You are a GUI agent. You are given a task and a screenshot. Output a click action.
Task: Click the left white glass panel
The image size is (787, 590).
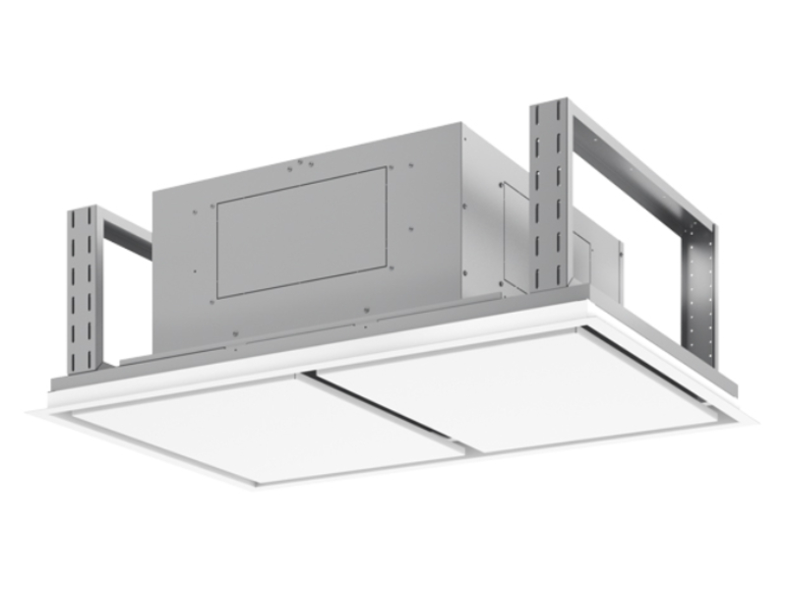click(266, 427)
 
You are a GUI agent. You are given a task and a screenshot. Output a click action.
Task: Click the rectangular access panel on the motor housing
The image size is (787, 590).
click(300, 232)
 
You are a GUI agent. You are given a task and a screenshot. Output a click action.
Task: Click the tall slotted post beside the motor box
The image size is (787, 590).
click(549, 197)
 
